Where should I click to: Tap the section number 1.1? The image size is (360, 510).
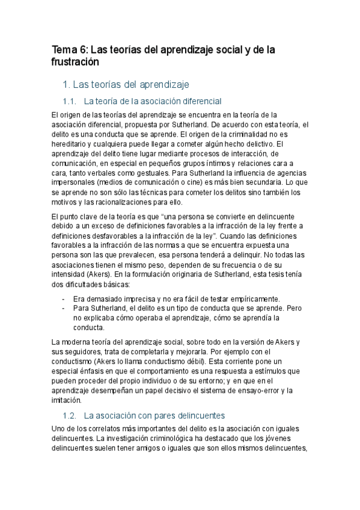pos(70,101)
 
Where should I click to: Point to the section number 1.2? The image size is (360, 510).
pos(70,415)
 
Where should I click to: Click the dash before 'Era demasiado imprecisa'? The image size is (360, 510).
pos(64,299)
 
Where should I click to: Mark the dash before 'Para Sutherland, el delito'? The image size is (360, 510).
pos(64,309)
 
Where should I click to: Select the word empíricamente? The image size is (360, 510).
pos(253,299)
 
